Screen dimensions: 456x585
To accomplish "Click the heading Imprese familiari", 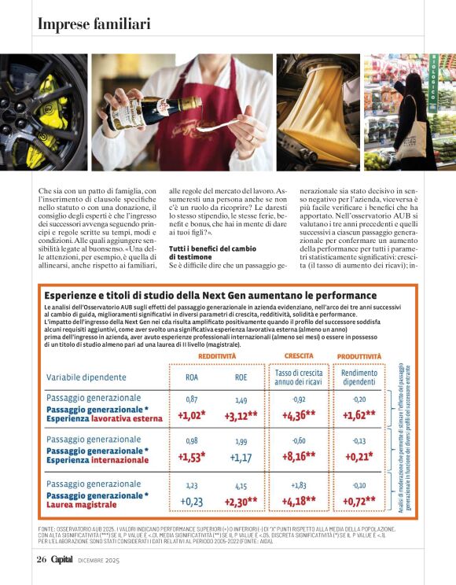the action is click(x=94, y=24).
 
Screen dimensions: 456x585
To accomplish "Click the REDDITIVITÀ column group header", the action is click(x=216, y=356).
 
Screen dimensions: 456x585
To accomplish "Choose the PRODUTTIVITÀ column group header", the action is click(x=359, y=356).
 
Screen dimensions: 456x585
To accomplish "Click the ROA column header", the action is click(x=191, y=377).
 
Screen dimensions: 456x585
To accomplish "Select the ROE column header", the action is click(x=241, y=377).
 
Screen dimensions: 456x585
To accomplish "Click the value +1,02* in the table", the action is click(x=191, y=416).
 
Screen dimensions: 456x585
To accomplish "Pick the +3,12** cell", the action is click(x=241, y=416).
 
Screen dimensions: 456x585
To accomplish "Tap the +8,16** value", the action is click(x=299, y=455).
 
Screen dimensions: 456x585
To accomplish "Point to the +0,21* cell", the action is click(x=359, y=455).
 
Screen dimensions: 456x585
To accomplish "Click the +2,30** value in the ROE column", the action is click(x=241, y=501).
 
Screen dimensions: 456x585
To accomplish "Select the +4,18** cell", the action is click(x=299, y=501).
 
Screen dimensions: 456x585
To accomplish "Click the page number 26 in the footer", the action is click(x=42, y=560).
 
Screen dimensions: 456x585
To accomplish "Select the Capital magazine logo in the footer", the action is click(x=62, y=560).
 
